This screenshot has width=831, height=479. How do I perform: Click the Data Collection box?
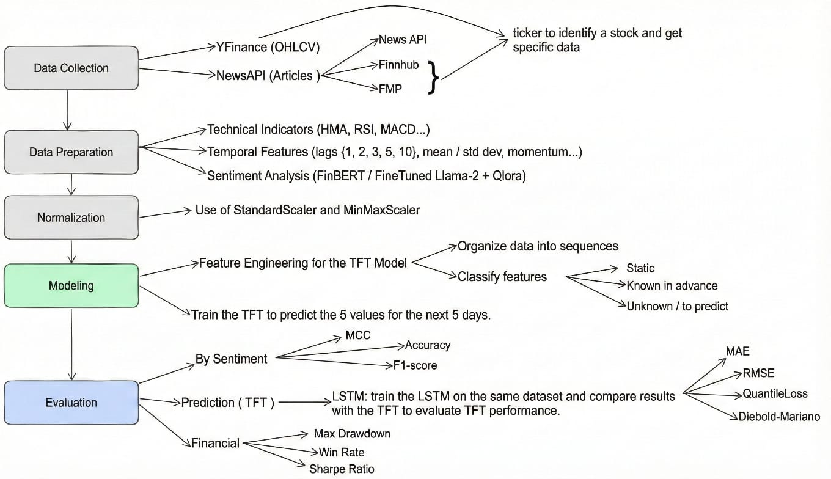point(71,68)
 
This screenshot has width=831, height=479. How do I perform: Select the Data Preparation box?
point(71,152)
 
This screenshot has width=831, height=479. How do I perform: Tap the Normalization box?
point(71,217)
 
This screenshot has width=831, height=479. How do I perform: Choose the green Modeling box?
point(71,285)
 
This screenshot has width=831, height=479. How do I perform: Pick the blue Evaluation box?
point(71,403)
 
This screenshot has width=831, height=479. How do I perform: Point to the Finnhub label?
point(398,65)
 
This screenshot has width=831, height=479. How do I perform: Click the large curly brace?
point(433,77)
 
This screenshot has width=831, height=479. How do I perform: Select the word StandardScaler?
point(277,210)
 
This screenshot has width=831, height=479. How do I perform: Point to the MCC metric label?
point(357,335)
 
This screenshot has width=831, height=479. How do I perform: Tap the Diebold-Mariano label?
point(779,417)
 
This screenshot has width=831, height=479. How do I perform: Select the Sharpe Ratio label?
point(342,469)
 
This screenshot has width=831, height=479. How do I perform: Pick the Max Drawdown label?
point(352,433)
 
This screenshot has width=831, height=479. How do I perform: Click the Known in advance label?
point(672,285)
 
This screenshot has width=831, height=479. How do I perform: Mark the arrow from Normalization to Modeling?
point(72,250)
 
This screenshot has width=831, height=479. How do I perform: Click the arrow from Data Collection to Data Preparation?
point(67,110)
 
